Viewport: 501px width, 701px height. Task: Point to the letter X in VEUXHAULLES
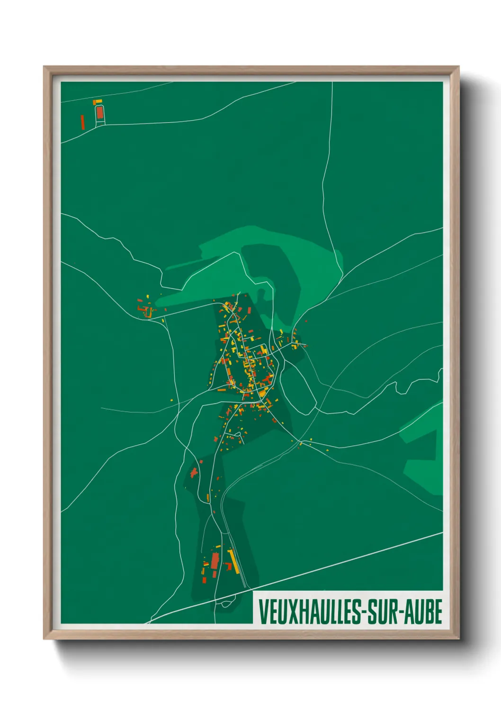290,612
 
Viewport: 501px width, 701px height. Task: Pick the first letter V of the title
263,612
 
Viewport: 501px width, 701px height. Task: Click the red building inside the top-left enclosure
99,113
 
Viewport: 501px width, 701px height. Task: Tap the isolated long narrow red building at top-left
82,122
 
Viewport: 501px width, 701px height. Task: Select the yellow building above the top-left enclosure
98,101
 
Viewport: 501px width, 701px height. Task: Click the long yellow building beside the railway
233,560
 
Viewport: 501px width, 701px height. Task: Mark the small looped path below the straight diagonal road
224,603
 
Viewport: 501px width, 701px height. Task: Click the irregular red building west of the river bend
194,472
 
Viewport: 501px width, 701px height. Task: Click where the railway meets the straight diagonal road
246,588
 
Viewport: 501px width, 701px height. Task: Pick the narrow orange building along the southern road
208,498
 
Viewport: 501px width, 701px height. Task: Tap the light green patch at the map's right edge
424,450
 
